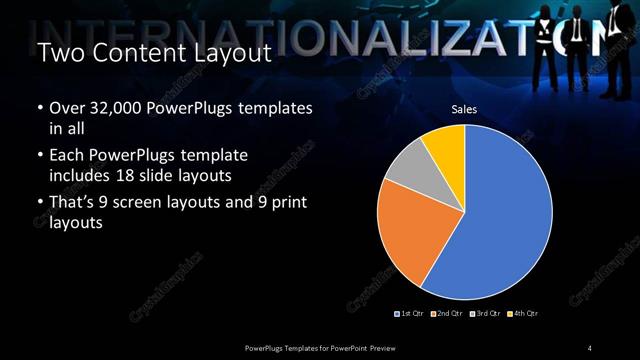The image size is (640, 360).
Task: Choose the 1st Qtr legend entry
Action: [x=411, y=314]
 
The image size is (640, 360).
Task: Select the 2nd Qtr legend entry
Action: [x=446, y=314]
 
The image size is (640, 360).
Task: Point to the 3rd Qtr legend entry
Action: [x=485, y=314]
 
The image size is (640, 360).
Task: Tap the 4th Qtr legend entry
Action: [x=523, y=314]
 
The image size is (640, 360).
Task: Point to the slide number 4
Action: [x=590, y=347]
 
